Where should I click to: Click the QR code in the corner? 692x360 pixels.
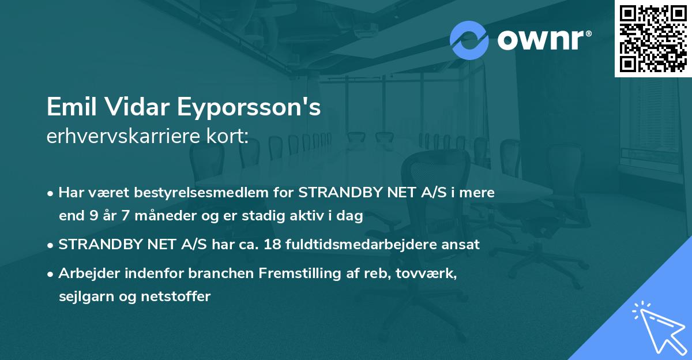click(653, 38)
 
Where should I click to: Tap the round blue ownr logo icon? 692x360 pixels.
click(469, 40)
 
